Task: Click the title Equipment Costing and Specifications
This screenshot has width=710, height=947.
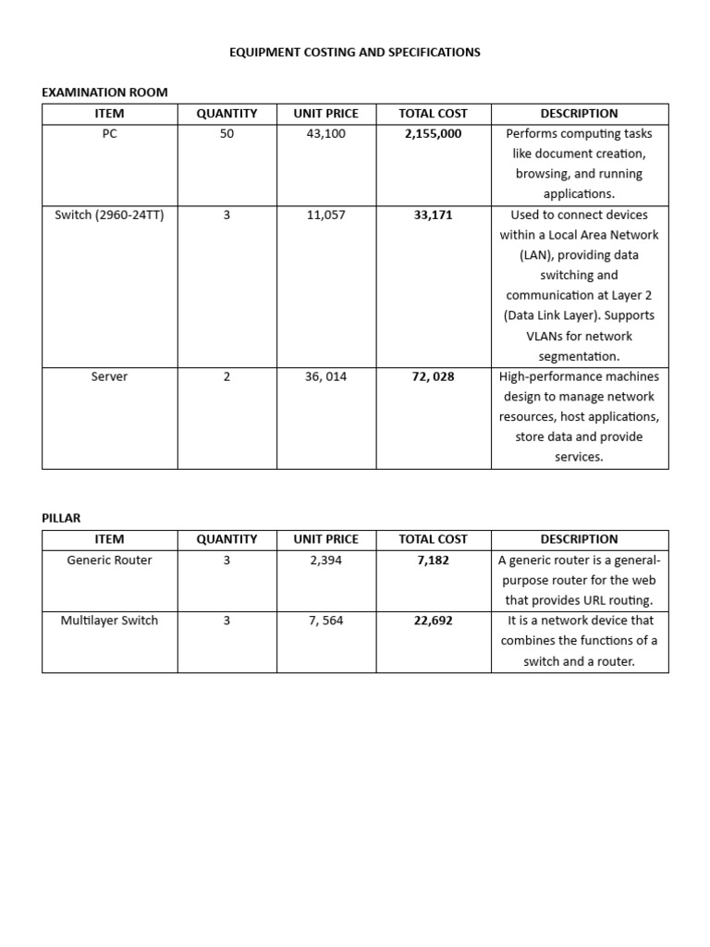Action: tap(355, 53)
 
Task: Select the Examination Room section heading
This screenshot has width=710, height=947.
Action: tap(104, 92)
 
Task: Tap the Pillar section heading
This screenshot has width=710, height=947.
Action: tap(61, 518)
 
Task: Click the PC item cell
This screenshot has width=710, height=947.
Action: tap(109, 134)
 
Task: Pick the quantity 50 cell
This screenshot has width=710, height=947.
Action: tap(226, 134)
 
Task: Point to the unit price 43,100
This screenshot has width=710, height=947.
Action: tap(325, 134)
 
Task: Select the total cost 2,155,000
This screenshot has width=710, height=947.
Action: tap(433, 134)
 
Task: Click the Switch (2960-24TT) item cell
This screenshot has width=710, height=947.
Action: tap(109, 215)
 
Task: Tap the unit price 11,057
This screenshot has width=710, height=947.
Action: tap(325, 215)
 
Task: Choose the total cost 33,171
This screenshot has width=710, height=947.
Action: tap(433, 215)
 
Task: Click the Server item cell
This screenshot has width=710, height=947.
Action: tap(109, 377)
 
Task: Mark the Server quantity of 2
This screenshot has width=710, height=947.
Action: tap(226, 377)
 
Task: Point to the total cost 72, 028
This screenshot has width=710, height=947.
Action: tap(433, 377)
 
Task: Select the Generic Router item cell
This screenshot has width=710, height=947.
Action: tap(109, 560)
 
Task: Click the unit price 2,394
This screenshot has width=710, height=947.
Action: tap(325, 560)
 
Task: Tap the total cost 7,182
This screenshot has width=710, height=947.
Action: tap(433, 560)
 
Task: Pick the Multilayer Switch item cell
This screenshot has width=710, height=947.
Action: tap(109, 621)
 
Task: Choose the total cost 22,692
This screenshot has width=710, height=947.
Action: tap(433, 621)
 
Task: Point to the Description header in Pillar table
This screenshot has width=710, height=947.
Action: tap(579, 539)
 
